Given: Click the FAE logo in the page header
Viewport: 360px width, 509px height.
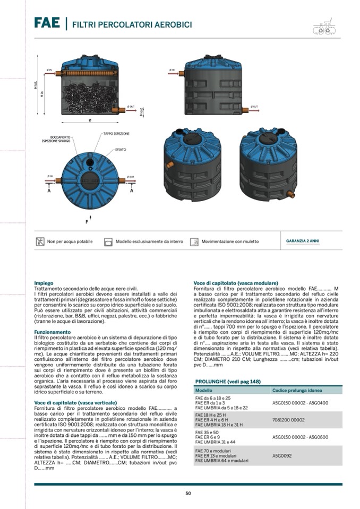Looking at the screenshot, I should (47, 23).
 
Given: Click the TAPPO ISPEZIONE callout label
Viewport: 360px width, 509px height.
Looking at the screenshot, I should (116, 134).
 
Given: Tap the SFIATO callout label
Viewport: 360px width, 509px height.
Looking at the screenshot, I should (121, 150).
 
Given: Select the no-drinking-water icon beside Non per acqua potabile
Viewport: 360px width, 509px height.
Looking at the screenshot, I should (40, 241).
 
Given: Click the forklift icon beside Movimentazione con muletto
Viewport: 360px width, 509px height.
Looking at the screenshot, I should (194, 241).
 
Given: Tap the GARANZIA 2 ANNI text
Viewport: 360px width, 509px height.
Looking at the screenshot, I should (303, 241).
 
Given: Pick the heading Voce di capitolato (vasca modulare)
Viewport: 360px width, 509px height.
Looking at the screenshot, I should (235, 283).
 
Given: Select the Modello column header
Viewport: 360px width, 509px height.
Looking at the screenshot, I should (204, 390).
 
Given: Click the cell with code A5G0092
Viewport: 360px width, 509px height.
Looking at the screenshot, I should (283, 455).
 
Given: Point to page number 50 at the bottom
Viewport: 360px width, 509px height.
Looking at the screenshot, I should (188, 493).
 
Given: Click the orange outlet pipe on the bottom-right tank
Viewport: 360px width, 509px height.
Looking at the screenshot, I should (291, 195).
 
